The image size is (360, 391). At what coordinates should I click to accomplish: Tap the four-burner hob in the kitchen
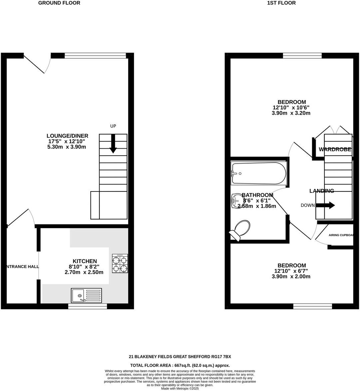click(x=120, y=264)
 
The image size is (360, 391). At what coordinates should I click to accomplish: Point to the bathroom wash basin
click(x=237, y=200)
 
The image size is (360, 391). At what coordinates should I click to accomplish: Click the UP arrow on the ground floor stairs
click(x=113, y=144)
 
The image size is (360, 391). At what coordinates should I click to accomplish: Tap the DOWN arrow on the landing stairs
click(x=325, y=205)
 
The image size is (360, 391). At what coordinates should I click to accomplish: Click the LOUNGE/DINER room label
click(x=67, y=136)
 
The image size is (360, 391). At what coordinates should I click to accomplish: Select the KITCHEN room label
click(x=85, y=261)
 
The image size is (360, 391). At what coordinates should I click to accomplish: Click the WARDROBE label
click(x=335, y=150)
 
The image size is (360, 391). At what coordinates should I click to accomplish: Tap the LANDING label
click(x=321, y=191)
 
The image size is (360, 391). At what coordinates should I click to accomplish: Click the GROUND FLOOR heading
click(x=59, y=3)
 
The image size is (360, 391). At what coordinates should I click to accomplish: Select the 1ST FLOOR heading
click(x=281, y=3)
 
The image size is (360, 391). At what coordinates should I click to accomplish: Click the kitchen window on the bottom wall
click(x=88, y=306)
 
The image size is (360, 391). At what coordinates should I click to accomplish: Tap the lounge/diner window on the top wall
click(x=95, y=56)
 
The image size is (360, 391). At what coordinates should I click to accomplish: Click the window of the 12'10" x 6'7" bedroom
click(x=312, y=306)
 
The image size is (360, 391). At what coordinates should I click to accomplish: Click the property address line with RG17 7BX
click(x=180, y=357)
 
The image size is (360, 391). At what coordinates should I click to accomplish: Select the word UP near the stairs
click(x=113, y=126)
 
